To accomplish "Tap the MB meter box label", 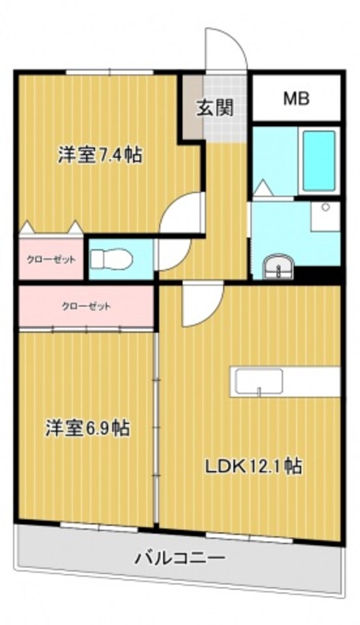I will click(296, 98).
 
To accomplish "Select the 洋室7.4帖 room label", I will click(100, 155).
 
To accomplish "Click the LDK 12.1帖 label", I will click(254, 466).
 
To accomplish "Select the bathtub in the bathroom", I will click(319, 160).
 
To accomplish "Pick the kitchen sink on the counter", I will click(259, 382).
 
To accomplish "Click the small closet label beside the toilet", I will click(50, 260).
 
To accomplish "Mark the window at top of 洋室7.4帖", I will click(109, 73).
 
